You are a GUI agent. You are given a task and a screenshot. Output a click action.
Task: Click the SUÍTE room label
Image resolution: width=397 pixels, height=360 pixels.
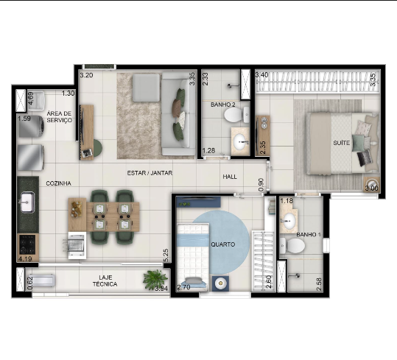[x=341, y=143]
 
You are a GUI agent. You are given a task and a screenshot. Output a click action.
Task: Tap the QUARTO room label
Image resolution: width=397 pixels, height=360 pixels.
[x=222, y=244]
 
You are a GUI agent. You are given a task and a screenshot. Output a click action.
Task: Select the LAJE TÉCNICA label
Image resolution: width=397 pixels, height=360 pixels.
[x=105, y=280]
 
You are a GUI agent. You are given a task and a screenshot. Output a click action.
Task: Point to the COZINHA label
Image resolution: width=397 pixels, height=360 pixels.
[x=58, y=183]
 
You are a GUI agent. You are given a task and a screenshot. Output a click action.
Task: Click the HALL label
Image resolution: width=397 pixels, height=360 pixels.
[x=230, y=177]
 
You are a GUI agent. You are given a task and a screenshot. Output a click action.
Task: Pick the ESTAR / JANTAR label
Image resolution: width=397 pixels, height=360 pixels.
[x=150, y=173]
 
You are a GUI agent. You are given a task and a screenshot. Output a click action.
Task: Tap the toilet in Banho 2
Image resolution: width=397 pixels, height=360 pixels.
[x=236, y=115]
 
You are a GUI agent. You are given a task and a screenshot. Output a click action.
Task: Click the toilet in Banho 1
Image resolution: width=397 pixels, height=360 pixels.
[x=292, y=245]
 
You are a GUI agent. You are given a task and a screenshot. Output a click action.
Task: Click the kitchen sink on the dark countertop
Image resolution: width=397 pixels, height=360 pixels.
[x=27, y=202]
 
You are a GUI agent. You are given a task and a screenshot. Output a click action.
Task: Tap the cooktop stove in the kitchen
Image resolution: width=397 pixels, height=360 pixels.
[x=27, y=244]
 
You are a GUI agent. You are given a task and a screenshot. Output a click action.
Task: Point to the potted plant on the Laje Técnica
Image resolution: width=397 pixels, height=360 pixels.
[x=155, y=279]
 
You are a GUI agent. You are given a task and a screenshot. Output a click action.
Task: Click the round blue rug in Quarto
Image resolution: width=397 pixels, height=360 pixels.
[x=222, y=242]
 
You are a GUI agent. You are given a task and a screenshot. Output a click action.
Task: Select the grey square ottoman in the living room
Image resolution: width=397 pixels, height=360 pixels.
[x=146, y=88]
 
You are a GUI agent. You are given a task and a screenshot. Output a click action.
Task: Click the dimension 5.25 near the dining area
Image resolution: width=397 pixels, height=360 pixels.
[x=166, y=255]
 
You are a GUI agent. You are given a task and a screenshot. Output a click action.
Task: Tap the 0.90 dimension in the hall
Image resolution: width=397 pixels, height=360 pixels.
[x=261, y=185]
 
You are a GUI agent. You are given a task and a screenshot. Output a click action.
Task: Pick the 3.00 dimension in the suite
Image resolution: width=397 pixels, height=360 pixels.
[x=371, y=188]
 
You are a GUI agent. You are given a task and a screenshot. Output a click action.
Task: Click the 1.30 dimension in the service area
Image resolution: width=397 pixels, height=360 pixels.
[x=68, y=93]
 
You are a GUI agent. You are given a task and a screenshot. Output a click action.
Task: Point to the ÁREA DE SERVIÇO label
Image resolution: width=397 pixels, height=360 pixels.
[x=59, y=116]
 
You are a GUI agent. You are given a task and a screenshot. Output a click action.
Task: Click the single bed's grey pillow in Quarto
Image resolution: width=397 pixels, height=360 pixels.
[x=194, y=280]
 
